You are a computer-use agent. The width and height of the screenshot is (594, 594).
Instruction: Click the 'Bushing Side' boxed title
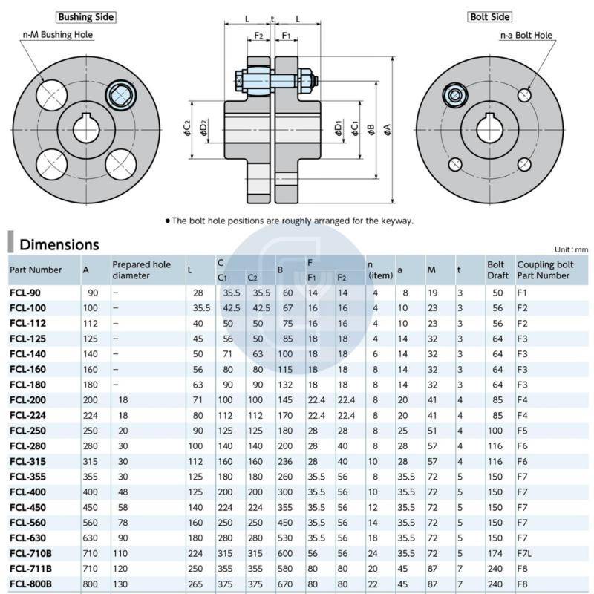point(86,16)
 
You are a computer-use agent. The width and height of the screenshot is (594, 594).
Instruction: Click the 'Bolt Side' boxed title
point(490,16)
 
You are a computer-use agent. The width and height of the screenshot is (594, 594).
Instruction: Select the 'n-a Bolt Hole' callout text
point(526,35)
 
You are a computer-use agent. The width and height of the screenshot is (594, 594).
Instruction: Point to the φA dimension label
point(388,130)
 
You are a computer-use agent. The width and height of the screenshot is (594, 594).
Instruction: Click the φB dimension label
point(371,130)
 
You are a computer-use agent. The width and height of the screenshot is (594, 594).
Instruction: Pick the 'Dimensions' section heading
point(59,244)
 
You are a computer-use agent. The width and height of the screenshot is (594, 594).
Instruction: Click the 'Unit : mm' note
point(571,249)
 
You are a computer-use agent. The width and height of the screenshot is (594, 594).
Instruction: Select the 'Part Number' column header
point(36,270)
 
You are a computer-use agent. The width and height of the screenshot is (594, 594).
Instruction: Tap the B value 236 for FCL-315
point(286,461)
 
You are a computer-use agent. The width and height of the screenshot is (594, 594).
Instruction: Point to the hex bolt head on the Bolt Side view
point(454,95)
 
